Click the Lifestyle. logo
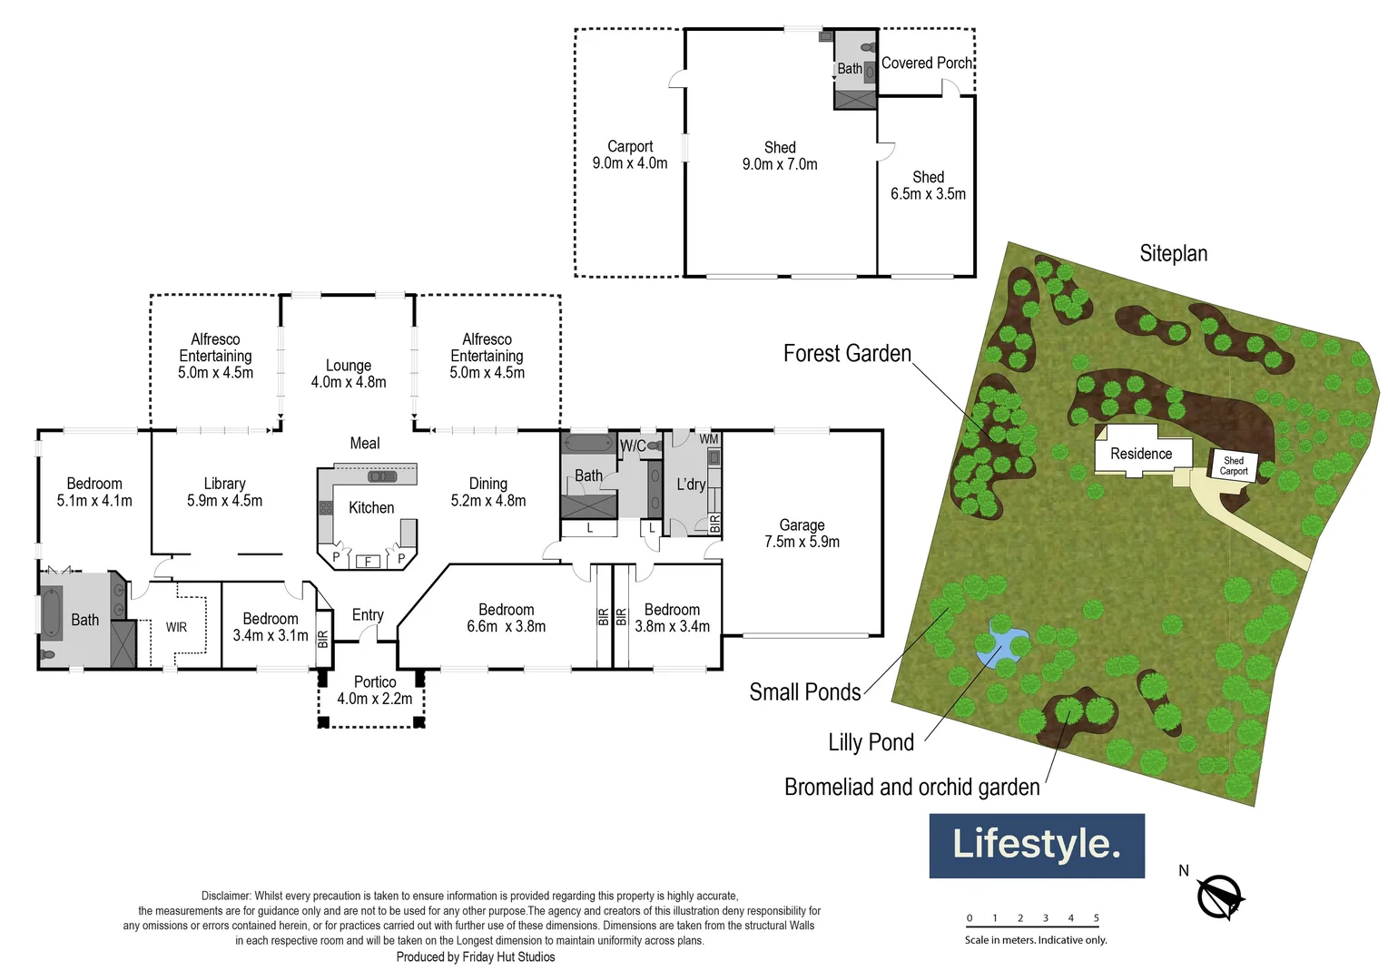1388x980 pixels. click(1036, 845)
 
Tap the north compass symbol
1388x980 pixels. click(1219, 897)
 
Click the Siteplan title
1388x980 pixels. click(1173, 253)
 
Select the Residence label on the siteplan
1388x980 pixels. click(1141, 454)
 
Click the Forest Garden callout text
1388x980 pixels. click(846, 354)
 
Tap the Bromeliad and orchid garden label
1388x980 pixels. click(911, 787)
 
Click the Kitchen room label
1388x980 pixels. click(371, 508)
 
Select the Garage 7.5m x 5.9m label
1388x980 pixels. click(802, 534)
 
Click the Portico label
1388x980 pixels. click(374, 682)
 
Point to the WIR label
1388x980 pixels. click(176, 627)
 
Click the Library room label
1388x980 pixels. click(224, 485)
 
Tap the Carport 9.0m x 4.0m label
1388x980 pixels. click(629, 154)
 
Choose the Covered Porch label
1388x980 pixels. click(926, 64)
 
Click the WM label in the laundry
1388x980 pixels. click(708, 440)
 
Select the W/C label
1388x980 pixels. click(633, 446)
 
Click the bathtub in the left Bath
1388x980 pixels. click(51, 614)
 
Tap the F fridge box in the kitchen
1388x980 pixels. click(368, 562)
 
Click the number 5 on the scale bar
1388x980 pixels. click(1096, 918)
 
